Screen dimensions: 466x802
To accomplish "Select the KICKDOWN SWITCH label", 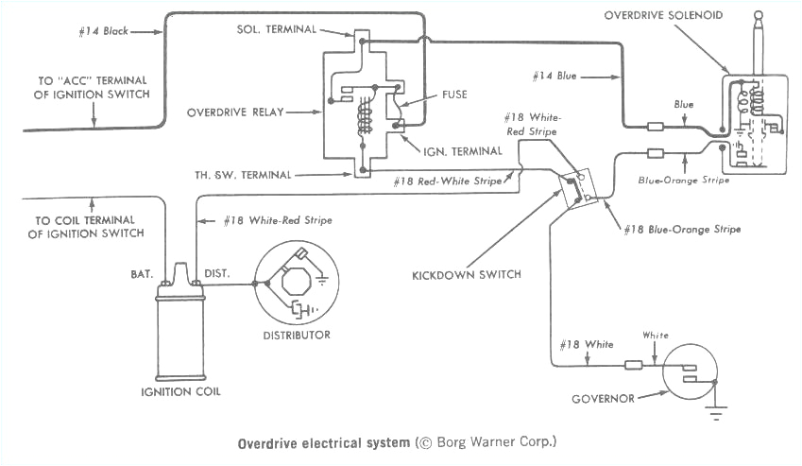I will click(x=453, y=275).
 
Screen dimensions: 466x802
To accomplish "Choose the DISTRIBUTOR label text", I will click(x=298, y=335).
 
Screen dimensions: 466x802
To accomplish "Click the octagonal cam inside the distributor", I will click(x=297, y=277).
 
